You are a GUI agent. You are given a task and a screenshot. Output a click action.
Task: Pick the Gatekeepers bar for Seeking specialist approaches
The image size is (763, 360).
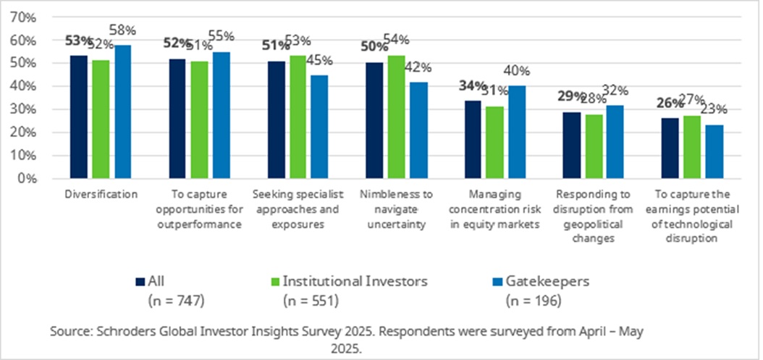pos(319,127)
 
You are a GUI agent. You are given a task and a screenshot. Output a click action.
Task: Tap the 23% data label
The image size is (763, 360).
pos(714,110)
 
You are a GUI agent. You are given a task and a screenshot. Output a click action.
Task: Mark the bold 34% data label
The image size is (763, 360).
pos(472,86)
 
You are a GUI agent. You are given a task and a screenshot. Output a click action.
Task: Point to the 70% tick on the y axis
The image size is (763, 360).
pos(25,17)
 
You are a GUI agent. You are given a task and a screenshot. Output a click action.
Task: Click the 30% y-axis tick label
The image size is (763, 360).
pos(25,109)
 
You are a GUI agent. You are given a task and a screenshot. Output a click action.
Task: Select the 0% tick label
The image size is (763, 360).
pos(28,178)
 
